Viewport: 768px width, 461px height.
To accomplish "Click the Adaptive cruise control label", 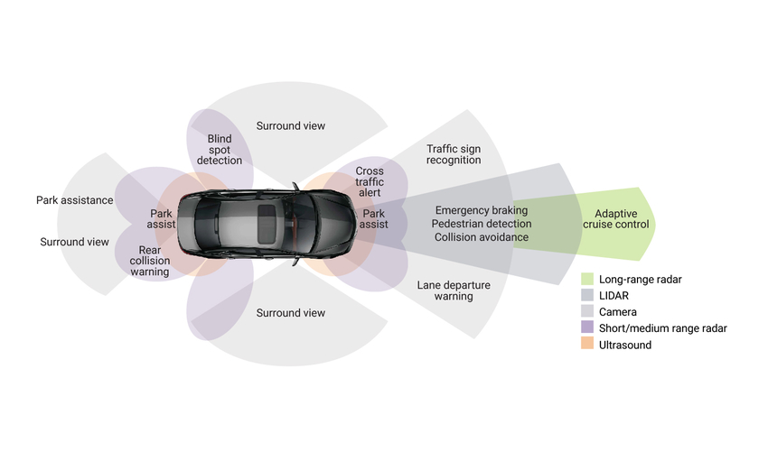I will click(x=614, y=218).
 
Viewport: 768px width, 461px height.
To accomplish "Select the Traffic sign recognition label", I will click(x=454, y=153).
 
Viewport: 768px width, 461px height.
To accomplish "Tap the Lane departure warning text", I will click(x=454, y=290).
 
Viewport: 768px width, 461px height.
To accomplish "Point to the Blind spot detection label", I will click(x=220, y=150).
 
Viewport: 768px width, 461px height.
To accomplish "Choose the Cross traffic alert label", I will click(x=370, y=181).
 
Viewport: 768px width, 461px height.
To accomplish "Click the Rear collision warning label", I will click(x=150, y=261).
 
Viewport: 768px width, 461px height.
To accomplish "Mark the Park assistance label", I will click(x=75, y=200).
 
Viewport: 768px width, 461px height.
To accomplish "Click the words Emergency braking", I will click(x=481, y=210).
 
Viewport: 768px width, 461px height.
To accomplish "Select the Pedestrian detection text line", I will click(x=481, y=224).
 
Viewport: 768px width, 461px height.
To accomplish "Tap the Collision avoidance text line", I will click(x=481, y=237).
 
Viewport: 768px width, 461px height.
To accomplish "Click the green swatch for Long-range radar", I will click(x=587, y=280).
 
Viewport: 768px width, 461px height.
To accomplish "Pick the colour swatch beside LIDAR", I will click(x=587, y=296).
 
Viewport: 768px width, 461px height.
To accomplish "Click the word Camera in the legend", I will click(x=617, y=312).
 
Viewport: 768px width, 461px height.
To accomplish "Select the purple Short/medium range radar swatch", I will click(x=587, y=328).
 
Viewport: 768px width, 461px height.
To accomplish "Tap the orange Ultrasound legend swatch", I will click(x=587, y=345).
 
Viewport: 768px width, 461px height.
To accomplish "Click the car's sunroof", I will click(x=267, y=220).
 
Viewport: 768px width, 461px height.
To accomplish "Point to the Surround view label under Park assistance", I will click(x=75, y=242).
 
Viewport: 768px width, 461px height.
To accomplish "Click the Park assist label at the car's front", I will click(x=374, y=219).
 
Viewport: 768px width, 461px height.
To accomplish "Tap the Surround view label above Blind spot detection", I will click(x=291, y=125).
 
